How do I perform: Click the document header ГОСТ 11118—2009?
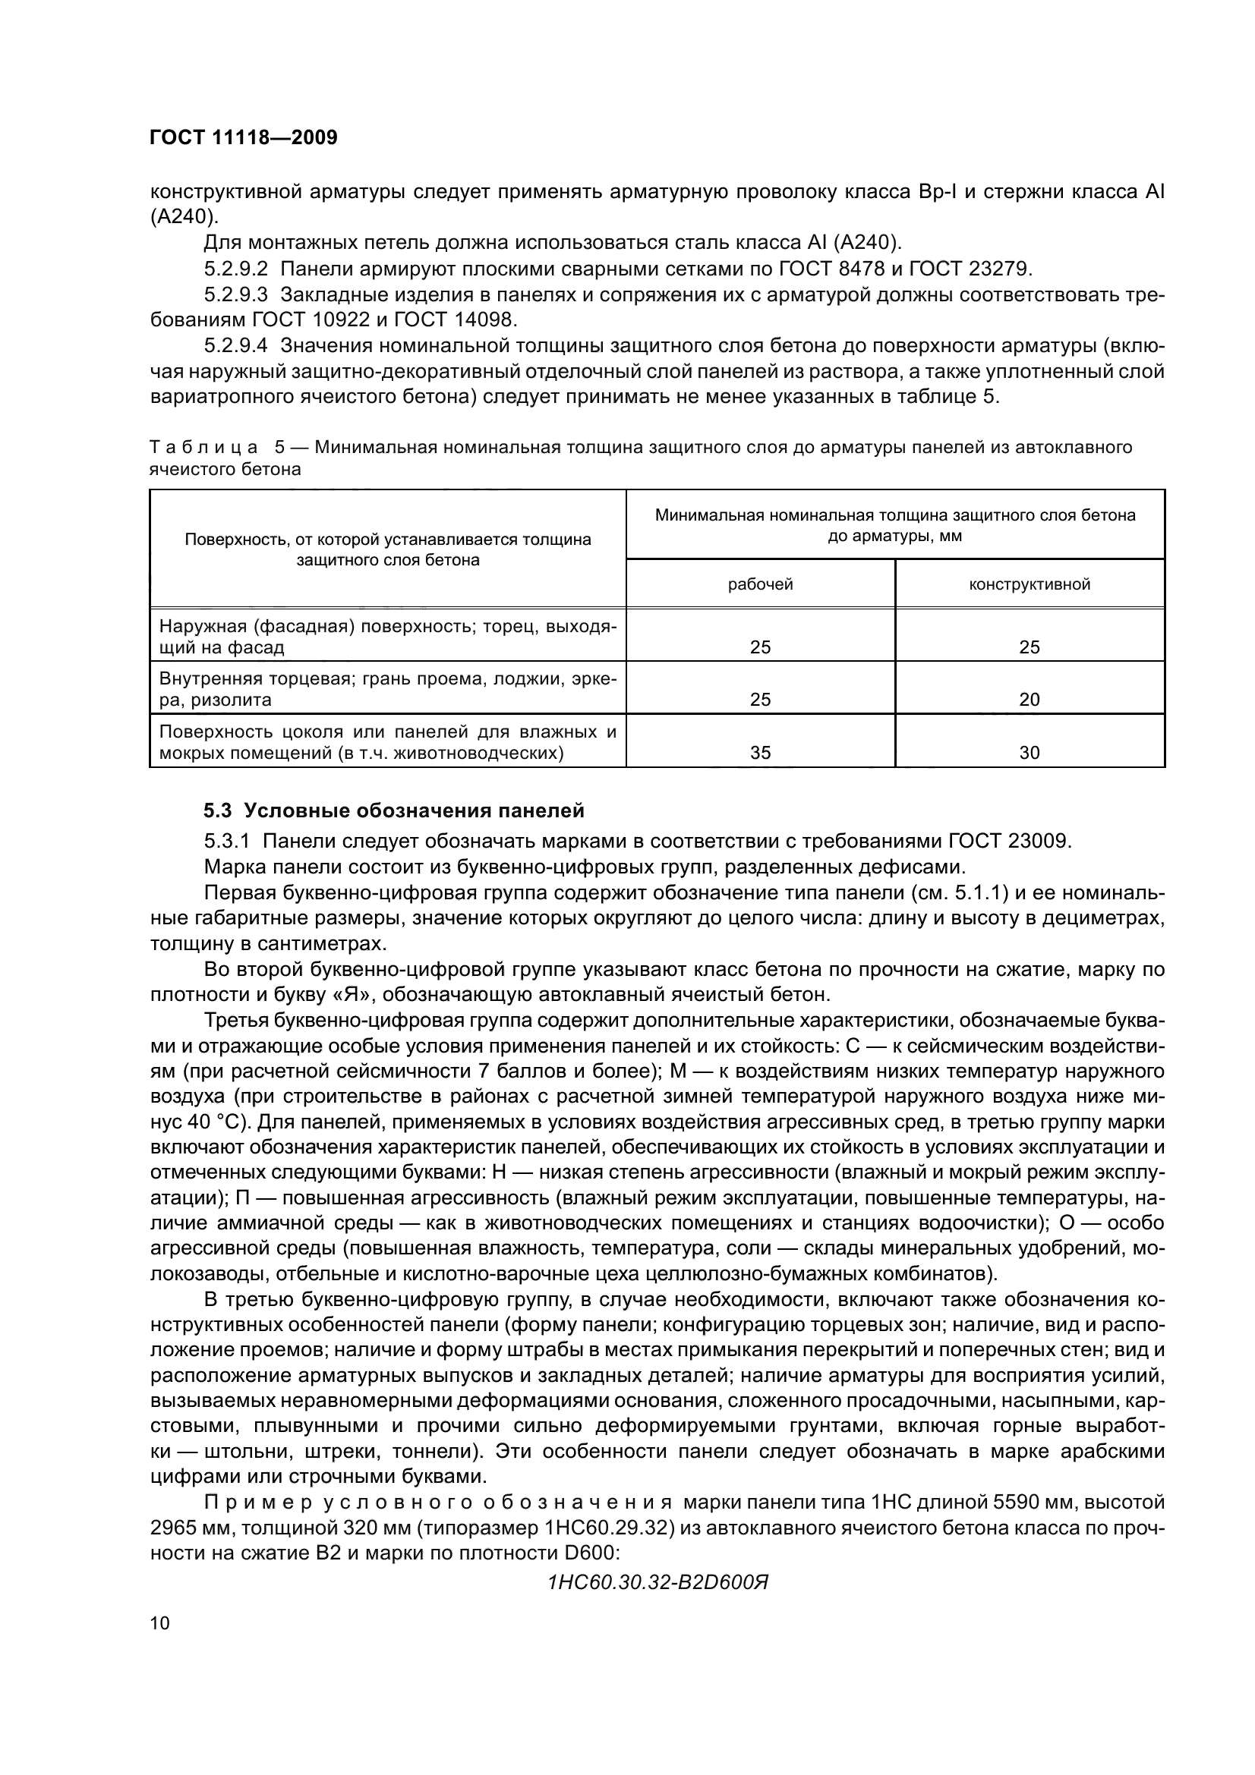pos(244,138)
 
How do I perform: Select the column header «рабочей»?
pos(760,584)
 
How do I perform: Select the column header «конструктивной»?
pos(1030,584)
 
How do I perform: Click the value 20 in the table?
pos(1030,700)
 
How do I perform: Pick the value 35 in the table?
pos(760,752)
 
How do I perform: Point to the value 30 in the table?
pos(1030,752)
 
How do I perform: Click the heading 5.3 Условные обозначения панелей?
pos(393,810)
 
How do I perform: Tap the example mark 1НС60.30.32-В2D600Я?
pos(657,1581)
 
